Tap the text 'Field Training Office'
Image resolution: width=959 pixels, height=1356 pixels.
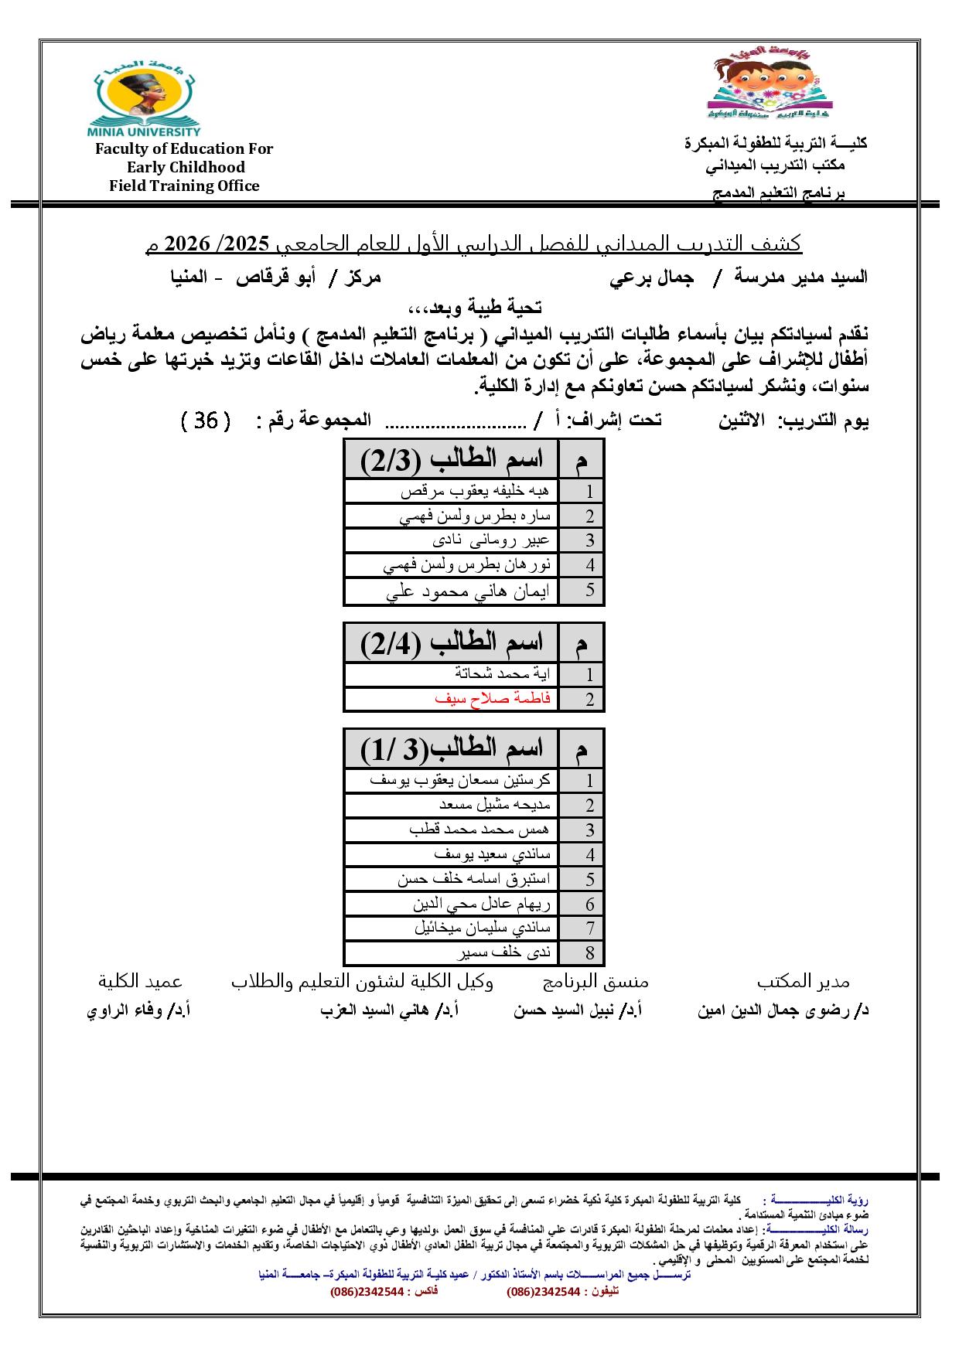(184, 186)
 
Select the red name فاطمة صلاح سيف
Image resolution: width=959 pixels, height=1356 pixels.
(493, 698)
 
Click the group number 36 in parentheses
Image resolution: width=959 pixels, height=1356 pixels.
(206, 421)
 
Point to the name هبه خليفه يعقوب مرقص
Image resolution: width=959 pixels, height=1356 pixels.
(475, 491)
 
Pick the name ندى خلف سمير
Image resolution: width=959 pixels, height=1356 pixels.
(503, 952)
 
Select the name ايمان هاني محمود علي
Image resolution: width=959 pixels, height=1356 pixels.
(467, 591)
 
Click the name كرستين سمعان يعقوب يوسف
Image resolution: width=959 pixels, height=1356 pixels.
(460, 780)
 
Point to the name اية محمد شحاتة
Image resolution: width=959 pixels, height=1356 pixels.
(503, 673)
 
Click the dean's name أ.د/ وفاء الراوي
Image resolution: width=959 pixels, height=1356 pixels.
(138, 1010)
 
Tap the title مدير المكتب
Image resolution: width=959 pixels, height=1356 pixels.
(803, 982)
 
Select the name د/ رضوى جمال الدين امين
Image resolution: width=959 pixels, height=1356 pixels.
(783, 1010)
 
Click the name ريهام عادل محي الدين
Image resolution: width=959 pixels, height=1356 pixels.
(482, 904)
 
